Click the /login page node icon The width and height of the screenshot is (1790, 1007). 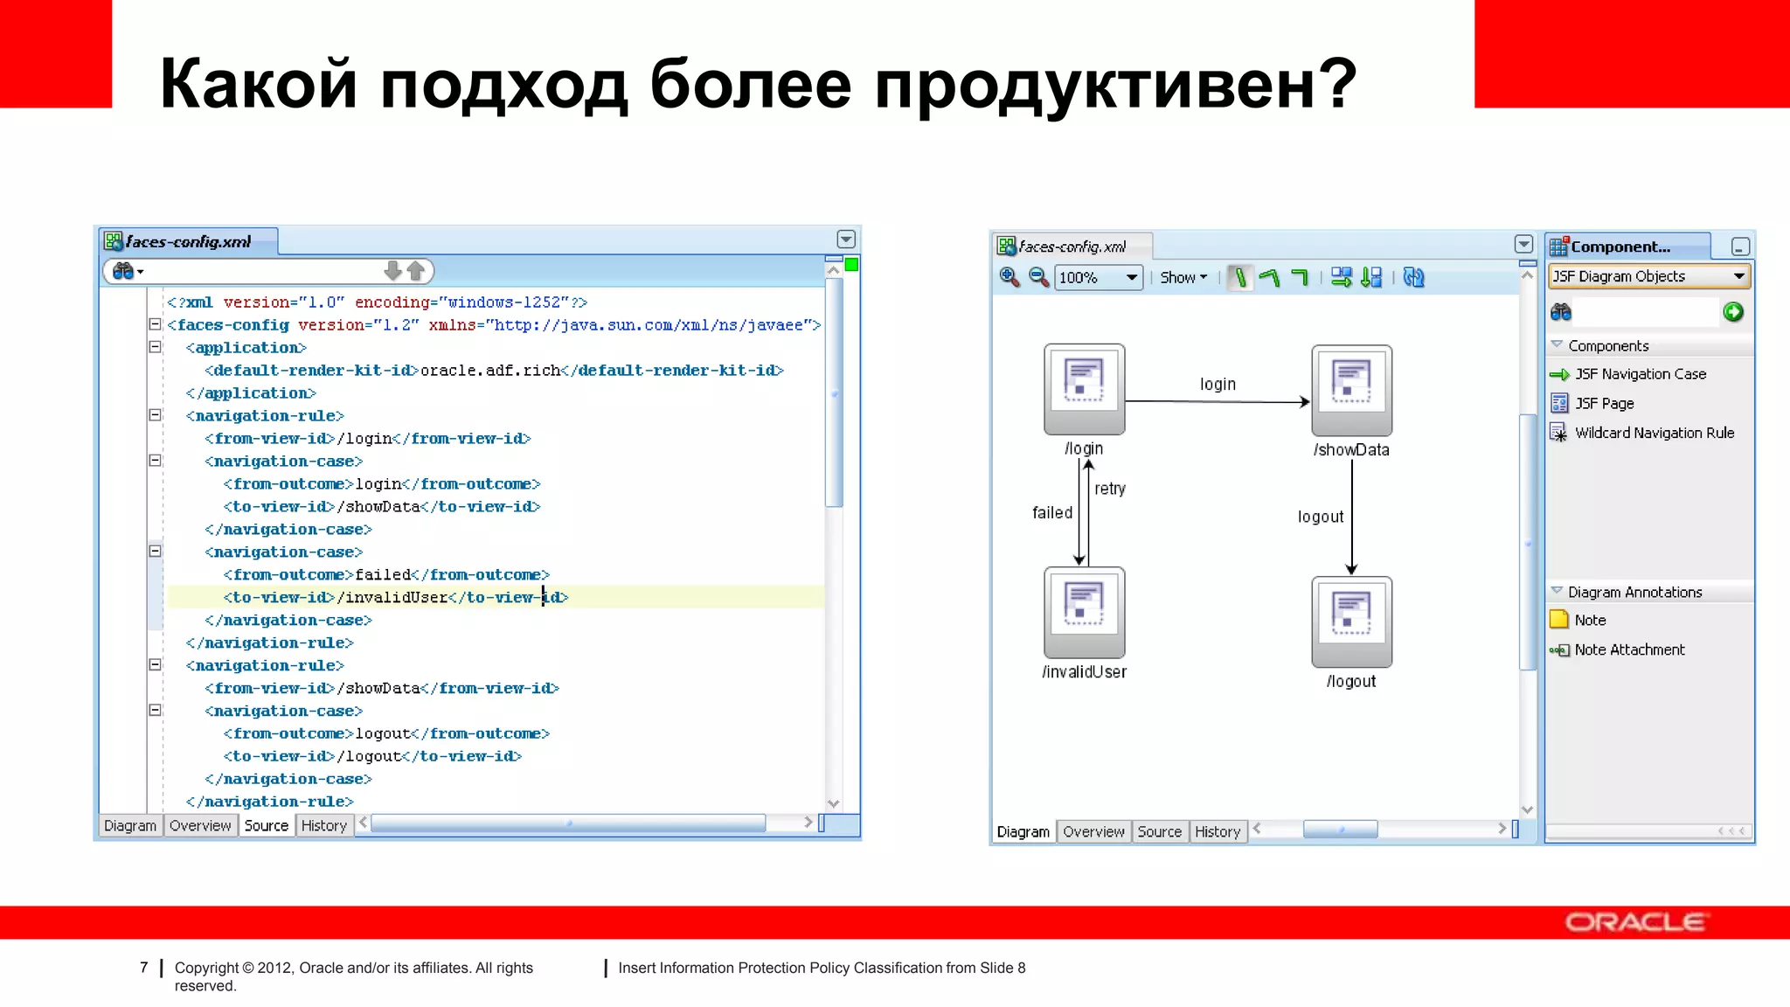[1084, 388]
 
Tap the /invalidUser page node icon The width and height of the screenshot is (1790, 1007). [1084, 612]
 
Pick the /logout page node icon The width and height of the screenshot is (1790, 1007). [1351, 622]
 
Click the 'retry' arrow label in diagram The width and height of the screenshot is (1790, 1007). [1110, 489]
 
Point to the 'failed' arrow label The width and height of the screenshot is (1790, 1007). [1052, 513]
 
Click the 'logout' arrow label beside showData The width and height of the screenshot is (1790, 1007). [1320, 517]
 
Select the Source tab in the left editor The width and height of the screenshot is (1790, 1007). [266, 826]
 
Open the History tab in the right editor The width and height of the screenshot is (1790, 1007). [1218, 832]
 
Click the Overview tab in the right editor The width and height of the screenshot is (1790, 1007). [1093, 832]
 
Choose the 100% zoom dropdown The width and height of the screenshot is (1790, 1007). [1098, 278]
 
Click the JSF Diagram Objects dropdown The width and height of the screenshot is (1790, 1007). [1648, 276]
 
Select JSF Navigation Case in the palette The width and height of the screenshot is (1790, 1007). [1640, 374]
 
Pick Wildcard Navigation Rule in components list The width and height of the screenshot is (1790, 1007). [1654, 433]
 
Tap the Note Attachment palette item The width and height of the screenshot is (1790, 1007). [1629, 649]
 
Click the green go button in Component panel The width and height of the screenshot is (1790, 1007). [1733, 312]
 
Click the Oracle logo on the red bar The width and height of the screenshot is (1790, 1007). [1634, 922]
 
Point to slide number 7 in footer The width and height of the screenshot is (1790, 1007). [144, 968]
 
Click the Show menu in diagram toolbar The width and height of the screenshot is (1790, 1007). [1183, 278]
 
